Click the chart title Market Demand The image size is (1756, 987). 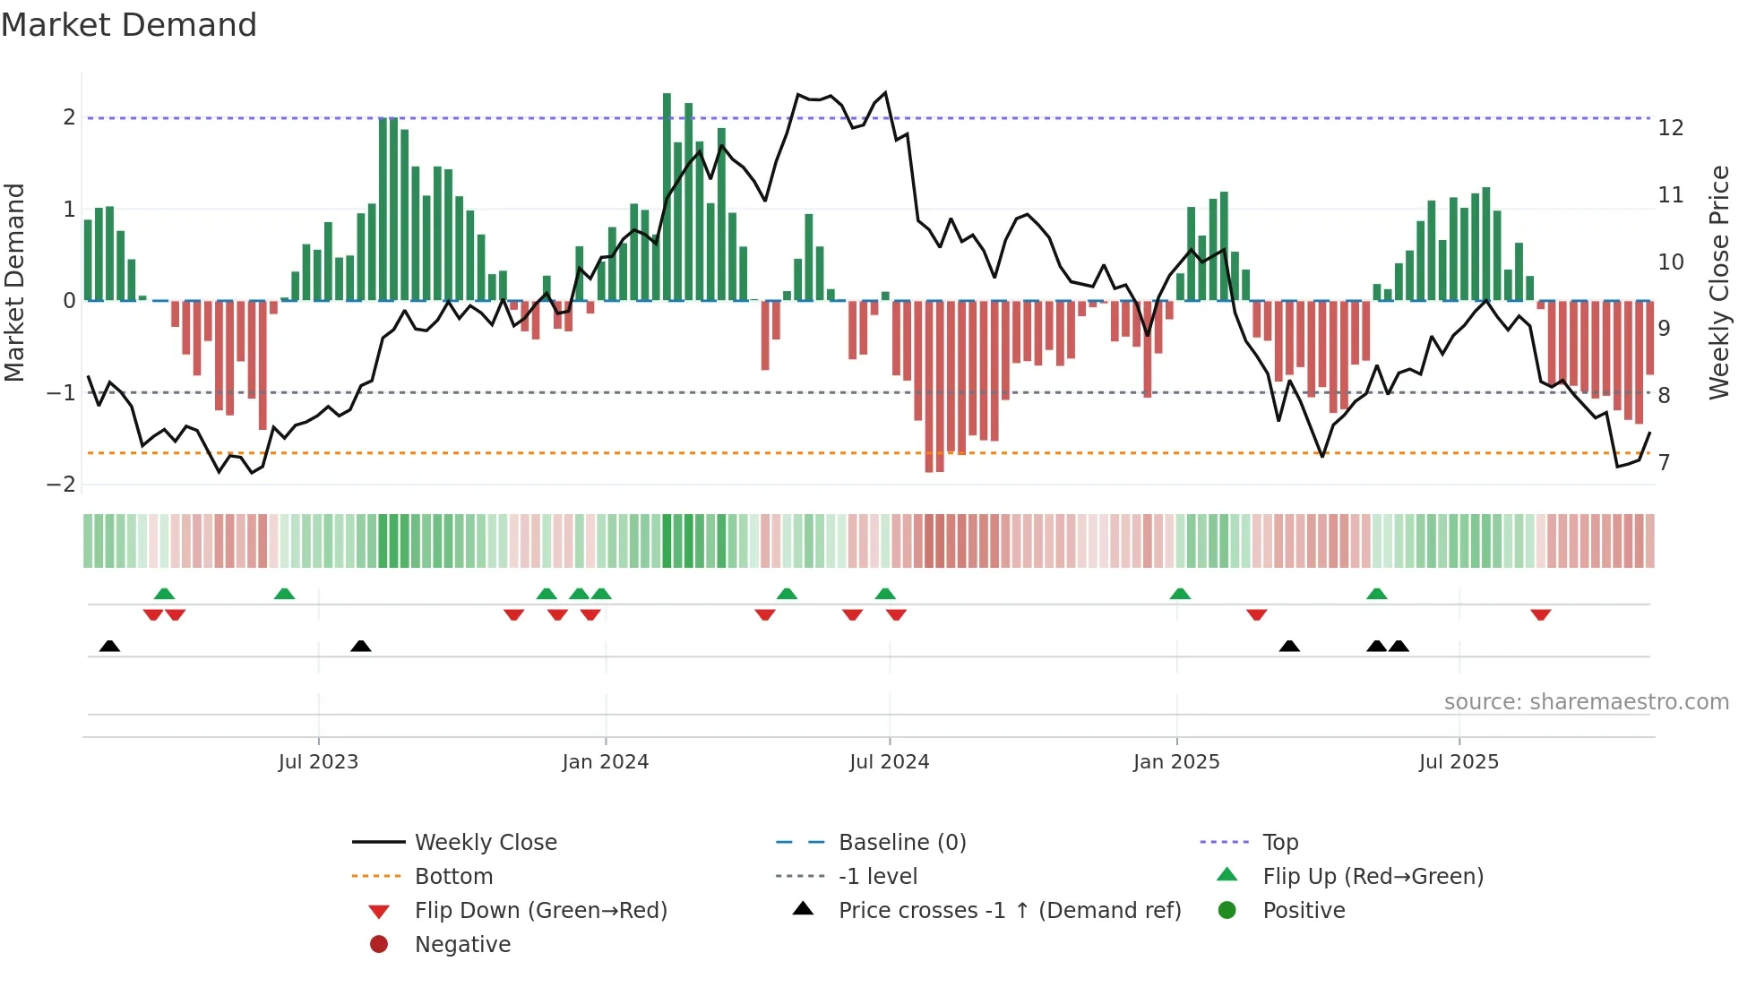129,25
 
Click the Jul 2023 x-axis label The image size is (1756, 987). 318,762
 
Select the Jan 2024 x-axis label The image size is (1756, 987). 606,762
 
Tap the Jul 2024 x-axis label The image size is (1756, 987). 889,762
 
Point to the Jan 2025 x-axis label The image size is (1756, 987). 1176,762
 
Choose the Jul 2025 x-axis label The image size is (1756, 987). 1459,762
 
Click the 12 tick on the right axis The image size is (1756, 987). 1671,128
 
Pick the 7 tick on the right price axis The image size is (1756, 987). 1665,463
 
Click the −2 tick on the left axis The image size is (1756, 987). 61,485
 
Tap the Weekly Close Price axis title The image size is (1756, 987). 1718,282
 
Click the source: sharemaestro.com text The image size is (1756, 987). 1586,702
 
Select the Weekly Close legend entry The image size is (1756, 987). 485,843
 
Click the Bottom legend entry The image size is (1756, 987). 453,877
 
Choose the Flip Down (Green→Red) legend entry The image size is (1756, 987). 540,911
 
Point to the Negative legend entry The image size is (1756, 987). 462,945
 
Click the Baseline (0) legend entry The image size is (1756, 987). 901,843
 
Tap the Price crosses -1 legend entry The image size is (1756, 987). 1009,911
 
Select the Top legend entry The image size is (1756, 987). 1280,843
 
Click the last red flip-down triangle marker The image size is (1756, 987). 1541,614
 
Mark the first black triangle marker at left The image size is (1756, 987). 109,646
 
